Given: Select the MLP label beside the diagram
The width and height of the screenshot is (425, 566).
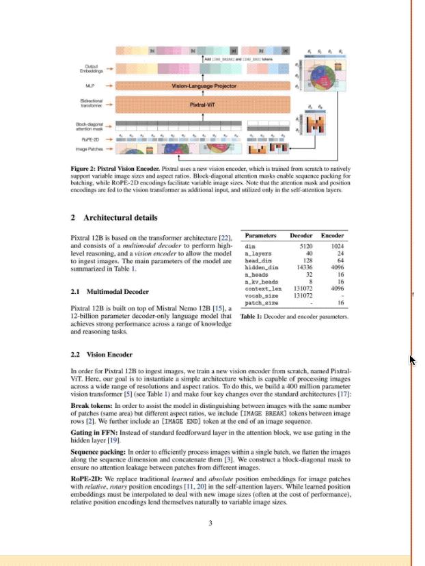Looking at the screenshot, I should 90,86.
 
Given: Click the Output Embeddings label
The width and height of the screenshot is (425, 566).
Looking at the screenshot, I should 90,68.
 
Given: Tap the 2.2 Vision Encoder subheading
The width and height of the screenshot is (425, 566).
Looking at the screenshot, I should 102,355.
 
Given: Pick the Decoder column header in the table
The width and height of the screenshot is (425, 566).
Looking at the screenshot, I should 301,236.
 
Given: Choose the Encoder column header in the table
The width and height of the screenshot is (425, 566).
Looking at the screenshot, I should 333,236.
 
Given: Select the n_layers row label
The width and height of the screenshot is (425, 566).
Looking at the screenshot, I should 258,253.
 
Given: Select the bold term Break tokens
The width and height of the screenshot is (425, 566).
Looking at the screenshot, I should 92,405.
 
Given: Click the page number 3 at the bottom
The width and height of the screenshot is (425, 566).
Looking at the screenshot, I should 210,524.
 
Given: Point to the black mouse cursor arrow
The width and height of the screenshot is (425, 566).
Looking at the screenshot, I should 412,360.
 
